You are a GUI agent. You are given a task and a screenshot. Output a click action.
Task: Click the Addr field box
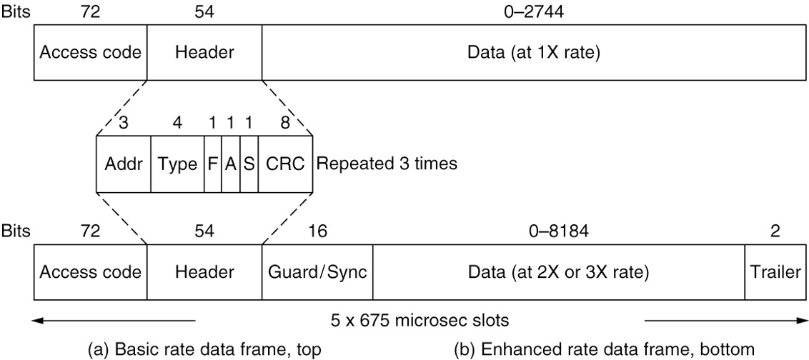click(123, 164)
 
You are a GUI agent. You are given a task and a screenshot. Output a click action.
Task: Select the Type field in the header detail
click(177, 164)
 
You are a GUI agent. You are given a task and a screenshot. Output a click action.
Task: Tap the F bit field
click(212, 164)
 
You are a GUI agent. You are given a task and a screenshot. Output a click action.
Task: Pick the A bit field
click(230, 164)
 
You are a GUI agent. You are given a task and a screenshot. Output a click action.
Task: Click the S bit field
click(249, 164)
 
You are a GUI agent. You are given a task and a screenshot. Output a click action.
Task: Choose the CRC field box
click(285, 164)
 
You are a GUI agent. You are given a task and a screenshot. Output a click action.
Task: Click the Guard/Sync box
click(317, 272)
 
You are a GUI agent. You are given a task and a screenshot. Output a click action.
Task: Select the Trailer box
click(775, 272)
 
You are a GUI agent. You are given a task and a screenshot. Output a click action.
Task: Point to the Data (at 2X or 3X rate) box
click(558, 272)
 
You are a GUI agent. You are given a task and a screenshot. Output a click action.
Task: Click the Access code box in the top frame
click(90, 52)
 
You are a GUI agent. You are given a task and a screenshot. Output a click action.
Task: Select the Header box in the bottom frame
click(204, 272)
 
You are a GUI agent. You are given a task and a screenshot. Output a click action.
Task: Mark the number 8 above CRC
click(285, 122)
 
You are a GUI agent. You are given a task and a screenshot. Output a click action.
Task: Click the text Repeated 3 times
click(386, 164)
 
